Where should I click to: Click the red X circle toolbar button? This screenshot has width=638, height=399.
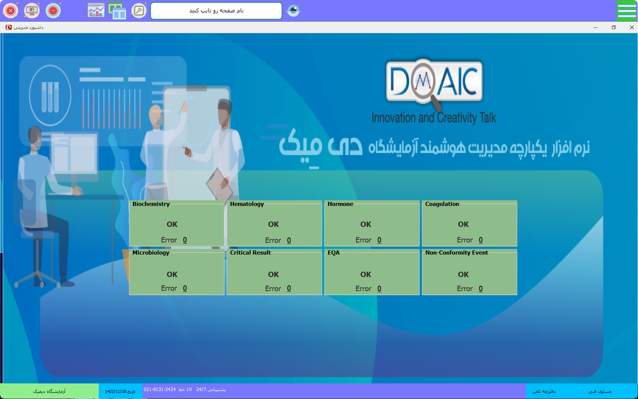click(11, 11)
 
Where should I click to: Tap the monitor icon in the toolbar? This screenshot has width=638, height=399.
click(32, 11)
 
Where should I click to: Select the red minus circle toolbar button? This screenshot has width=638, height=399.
click(53, 11)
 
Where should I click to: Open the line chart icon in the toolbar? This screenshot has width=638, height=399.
click(96, 10)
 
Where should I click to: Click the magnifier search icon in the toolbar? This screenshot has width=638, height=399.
click(139, 11)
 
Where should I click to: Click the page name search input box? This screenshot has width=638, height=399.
click(216, 11)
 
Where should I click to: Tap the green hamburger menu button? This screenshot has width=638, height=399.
click(626, 11)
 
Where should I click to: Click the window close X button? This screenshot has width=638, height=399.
click(632, 27)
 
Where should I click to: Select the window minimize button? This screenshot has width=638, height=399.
click(595, 27)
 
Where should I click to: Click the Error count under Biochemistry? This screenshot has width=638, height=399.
click(185, 240)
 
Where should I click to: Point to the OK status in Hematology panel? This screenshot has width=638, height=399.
click(273, 224)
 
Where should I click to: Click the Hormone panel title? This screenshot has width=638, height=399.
click(340, 204)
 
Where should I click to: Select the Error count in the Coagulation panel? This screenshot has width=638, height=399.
click(481, 240)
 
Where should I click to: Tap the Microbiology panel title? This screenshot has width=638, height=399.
click(151, 252)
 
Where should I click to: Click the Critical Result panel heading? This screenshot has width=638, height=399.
click(250, 252)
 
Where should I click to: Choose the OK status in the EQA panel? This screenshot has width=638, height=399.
click(366, 274)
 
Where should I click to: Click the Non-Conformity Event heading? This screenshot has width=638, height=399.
click(456, 252)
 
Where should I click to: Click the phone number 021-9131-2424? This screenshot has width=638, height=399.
click(159, 389)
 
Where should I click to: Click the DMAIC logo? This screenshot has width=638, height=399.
click(434, 83)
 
